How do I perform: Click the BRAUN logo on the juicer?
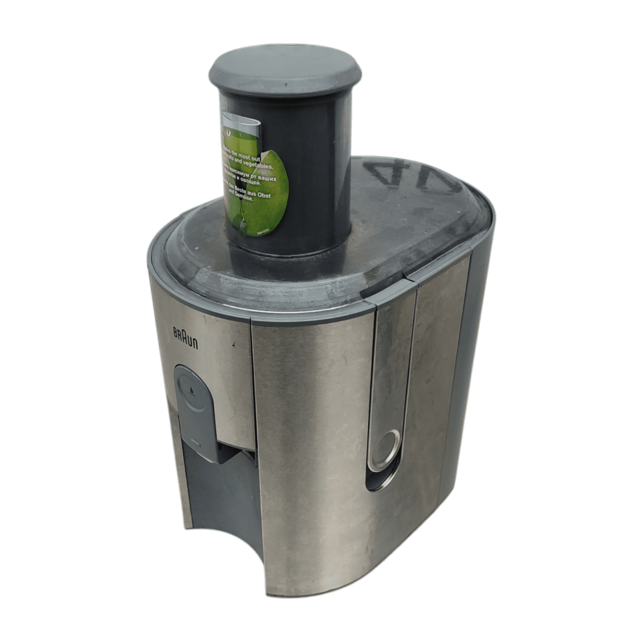[x=185, y=338]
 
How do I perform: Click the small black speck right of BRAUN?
[x=233, y=347]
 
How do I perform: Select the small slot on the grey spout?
[x=195, y=443]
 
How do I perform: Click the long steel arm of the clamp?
[x=391, y=364]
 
